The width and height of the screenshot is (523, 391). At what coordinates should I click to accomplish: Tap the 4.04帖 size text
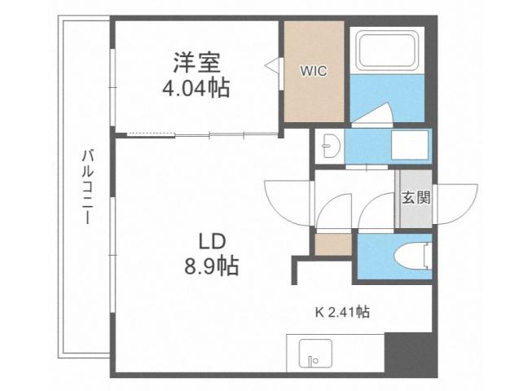(x=196, y=87)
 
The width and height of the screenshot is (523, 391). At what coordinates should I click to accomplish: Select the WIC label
(x=313, y=71)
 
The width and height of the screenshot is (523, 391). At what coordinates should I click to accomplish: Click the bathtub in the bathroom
(x=386, y=50)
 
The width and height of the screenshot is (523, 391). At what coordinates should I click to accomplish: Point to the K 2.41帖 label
(x=343, y=311)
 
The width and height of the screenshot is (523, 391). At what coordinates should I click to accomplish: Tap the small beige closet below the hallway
(x=332, y=244)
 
